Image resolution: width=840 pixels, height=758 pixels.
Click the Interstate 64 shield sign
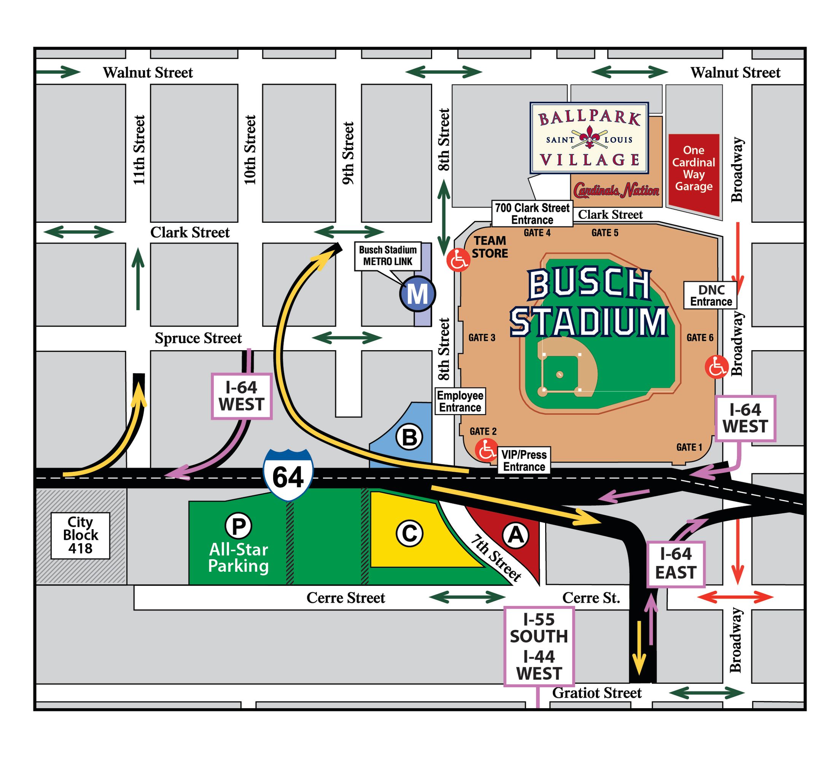[288, 474]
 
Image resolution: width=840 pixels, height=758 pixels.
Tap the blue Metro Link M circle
[417, 294]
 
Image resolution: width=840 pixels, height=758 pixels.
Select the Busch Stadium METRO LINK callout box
[388, 256]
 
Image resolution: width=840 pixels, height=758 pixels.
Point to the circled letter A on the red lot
[516, 535]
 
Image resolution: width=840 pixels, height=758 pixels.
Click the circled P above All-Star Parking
[238, 526]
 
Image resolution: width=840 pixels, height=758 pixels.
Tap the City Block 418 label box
[80, 535]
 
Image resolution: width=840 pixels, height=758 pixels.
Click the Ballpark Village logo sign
[589, 138]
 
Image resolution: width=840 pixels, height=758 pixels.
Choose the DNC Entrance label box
[710, 295]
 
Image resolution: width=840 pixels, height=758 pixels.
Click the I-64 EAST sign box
[676, 564]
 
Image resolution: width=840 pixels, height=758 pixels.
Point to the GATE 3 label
[482, 338]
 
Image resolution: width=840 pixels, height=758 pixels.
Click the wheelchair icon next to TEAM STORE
[458, 260]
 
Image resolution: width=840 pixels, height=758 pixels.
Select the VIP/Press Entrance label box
[524, 460]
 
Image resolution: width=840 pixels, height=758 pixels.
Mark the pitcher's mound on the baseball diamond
[560, 374]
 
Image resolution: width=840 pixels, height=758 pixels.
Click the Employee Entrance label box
[460, 401]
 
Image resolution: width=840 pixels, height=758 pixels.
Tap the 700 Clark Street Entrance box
[532, 214]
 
